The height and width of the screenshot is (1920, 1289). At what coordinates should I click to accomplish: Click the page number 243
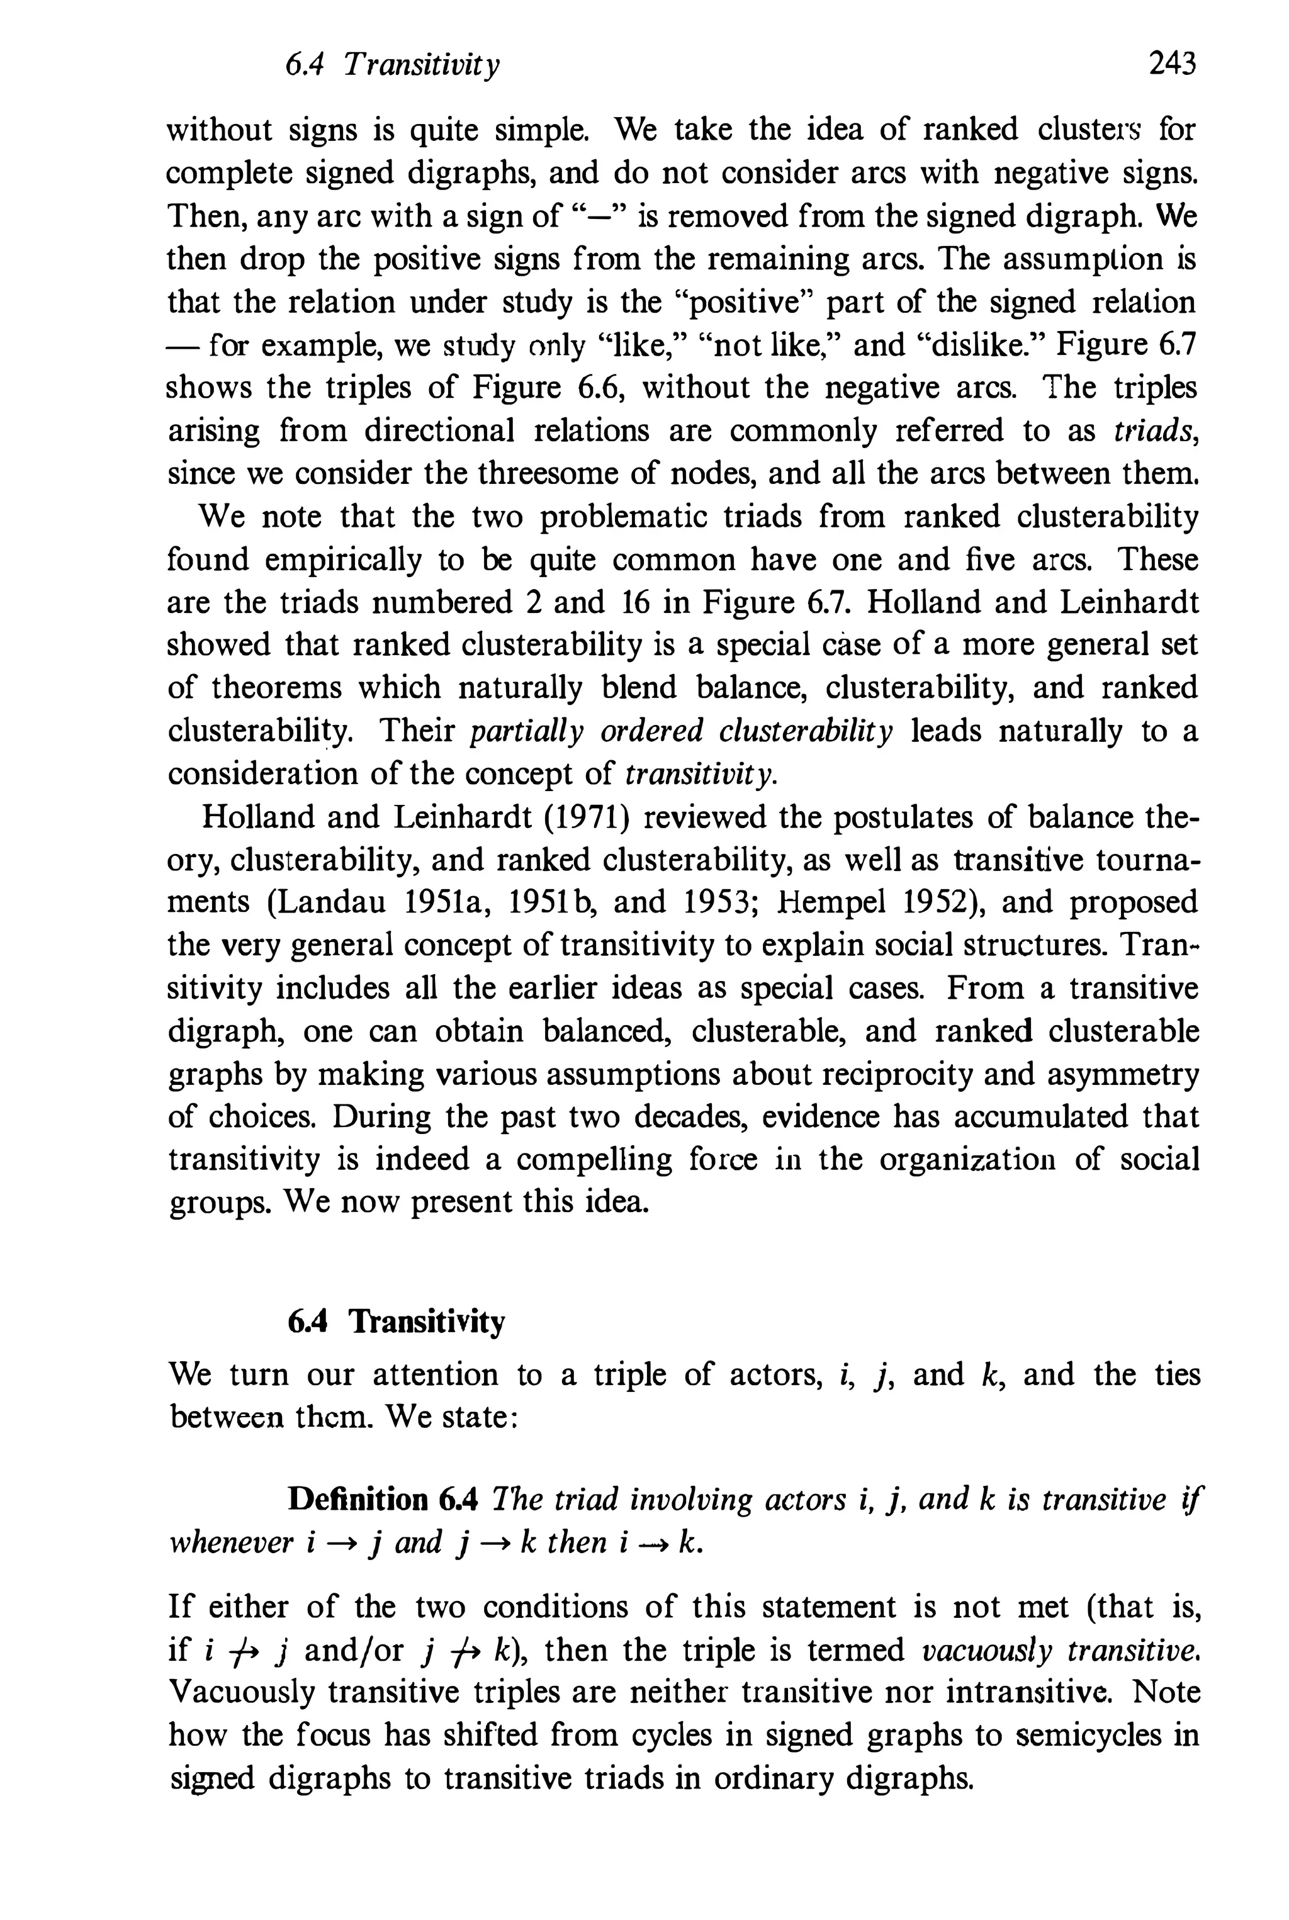pos(1171,64)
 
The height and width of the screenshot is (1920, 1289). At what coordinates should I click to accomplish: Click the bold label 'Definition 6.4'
pos(382,1500)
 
